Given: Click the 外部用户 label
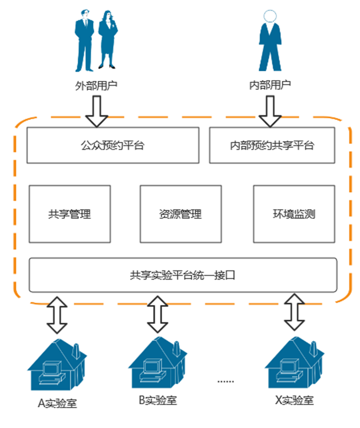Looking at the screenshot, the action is click(x=96, y=86).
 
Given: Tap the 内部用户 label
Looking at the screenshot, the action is click(x=270, y=85).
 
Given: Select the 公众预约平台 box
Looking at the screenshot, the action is click(x=113, y=145).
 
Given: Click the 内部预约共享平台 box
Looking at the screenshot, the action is click(x=272, y=145).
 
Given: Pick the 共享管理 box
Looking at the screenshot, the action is click(x=70, y=214).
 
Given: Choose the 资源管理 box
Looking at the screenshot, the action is click(x=181, y=214).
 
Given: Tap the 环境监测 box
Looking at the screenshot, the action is click(x=294, y=214).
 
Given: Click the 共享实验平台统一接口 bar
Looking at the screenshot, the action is click(x=183, y=275).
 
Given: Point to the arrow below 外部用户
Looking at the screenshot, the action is click(x=97, y=111).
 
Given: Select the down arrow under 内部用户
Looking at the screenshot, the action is click(x=270, y=111).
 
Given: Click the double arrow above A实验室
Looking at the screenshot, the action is click(x=57, y=315).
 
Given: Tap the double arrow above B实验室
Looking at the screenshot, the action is click(x=158, y=314).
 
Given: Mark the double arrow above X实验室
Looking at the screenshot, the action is click(x=294, y=312).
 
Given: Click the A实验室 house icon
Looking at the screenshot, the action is click(x=57, y=365).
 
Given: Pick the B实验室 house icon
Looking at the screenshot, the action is click(x=158, y=362).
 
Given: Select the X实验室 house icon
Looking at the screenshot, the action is click(x=294, y=362).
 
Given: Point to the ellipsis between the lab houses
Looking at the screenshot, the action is click(x=226, y=382).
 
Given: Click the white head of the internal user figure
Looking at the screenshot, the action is click(x=270, y=16).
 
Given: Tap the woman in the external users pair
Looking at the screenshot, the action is click(x=108, y=40).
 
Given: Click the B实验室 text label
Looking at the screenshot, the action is click(x=158, y=401).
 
